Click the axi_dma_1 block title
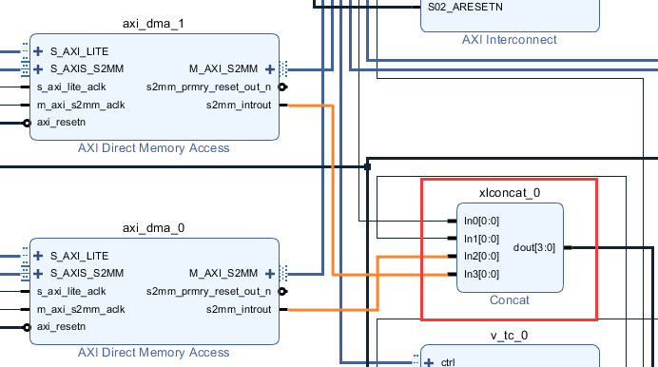[153, 24]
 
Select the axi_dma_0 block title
[153, 228]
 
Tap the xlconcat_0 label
[510, 192]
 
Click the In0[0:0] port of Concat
[481, 221]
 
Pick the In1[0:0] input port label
[481, 239]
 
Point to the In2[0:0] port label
[481, 256]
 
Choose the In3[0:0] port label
[481, 274]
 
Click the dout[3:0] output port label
[534, 247]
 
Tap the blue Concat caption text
[510, 299]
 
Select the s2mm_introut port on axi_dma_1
[239, 105]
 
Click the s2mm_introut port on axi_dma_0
[239, 309]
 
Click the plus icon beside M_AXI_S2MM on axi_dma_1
[270, 69]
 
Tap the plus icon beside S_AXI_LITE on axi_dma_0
[38, 256]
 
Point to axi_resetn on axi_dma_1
[61, 122]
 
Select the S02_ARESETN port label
[465, 7]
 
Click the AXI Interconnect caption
[510, 39]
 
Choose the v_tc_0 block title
[509, 335]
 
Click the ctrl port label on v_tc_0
[448, 362]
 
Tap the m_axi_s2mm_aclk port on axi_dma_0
[81, 309]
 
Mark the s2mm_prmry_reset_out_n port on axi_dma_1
[208, 87]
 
